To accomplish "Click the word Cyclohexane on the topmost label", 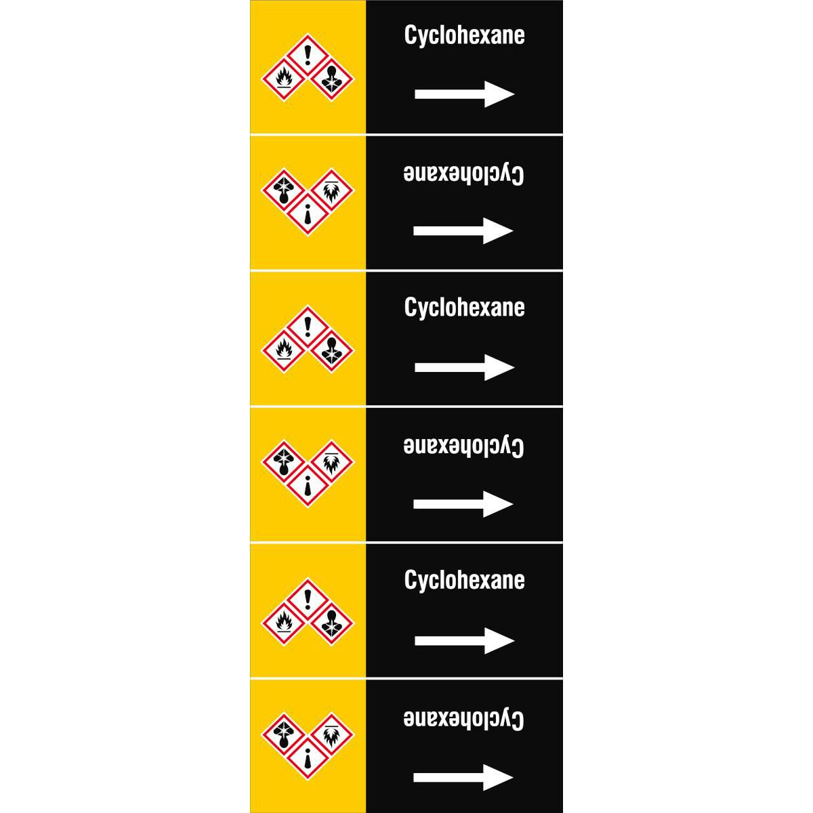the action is click(x=464, y=36).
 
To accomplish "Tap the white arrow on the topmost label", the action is click(x=465, y=94).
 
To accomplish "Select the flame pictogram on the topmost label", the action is click(x=284, y=79).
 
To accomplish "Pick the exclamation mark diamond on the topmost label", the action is click(x=308, y=56).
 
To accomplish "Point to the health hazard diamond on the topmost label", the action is click(x=332, y=79).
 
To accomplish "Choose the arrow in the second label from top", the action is click(x=463, y=231).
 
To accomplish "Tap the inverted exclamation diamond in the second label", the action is click(x=308, y=213).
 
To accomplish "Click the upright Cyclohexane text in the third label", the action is click(x=464, y=308).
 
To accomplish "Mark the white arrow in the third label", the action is click(x=465, y=367).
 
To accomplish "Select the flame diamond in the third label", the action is click(x=284, y=351).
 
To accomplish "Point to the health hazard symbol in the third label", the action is click(x=332, y=351).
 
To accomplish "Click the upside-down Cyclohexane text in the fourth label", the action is click(x=463, y=446).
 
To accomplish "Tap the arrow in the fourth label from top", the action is click(x=463, y=504).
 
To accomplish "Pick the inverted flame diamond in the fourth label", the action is click(x=332, y=463).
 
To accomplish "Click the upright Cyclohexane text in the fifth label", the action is click(x=464, y=581).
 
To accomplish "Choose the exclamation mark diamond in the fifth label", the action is click(x=308, y=600).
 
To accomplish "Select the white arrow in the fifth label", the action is click(x=465, y=640).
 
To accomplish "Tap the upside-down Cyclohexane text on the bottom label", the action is click(x=463, y=719).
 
